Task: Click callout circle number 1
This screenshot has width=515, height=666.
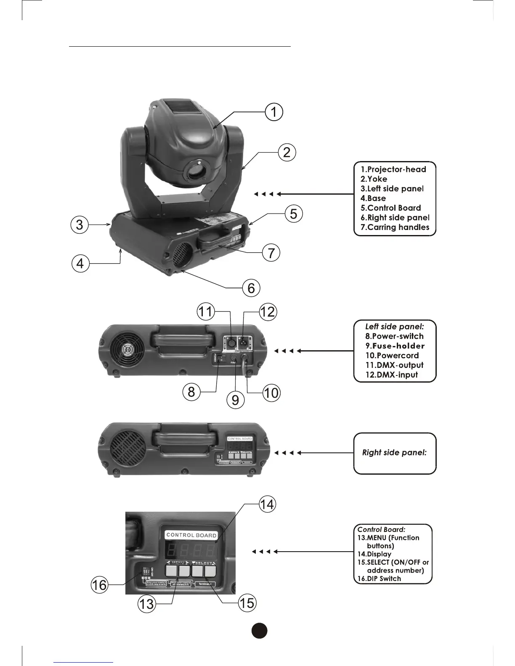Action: [274, 112]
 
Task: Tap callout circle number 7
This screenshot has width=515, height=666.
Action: [271, 253]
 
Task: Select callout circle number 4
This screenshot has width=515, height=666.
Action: [80, 264]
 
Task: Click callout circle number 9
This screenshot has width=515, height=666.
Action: [236, 399]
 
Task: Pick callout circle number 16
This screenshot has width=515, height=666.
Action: [100, 585]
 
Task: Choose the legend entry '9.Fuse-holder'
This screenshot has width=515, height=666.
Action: [395, 346]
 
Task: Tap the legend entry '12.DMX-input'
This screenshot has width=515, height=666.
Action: [391, 375]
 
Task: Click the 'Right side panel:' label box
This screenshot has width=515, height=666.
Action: [395, 453]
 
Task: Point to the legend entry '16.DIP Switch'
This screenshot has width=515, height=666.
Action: [379, 579]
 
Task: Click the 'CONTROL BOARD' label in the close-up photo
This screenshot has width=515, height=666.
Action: [191, 535]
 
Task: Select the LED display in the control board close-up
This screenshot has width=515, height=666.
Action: [192, 550]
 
